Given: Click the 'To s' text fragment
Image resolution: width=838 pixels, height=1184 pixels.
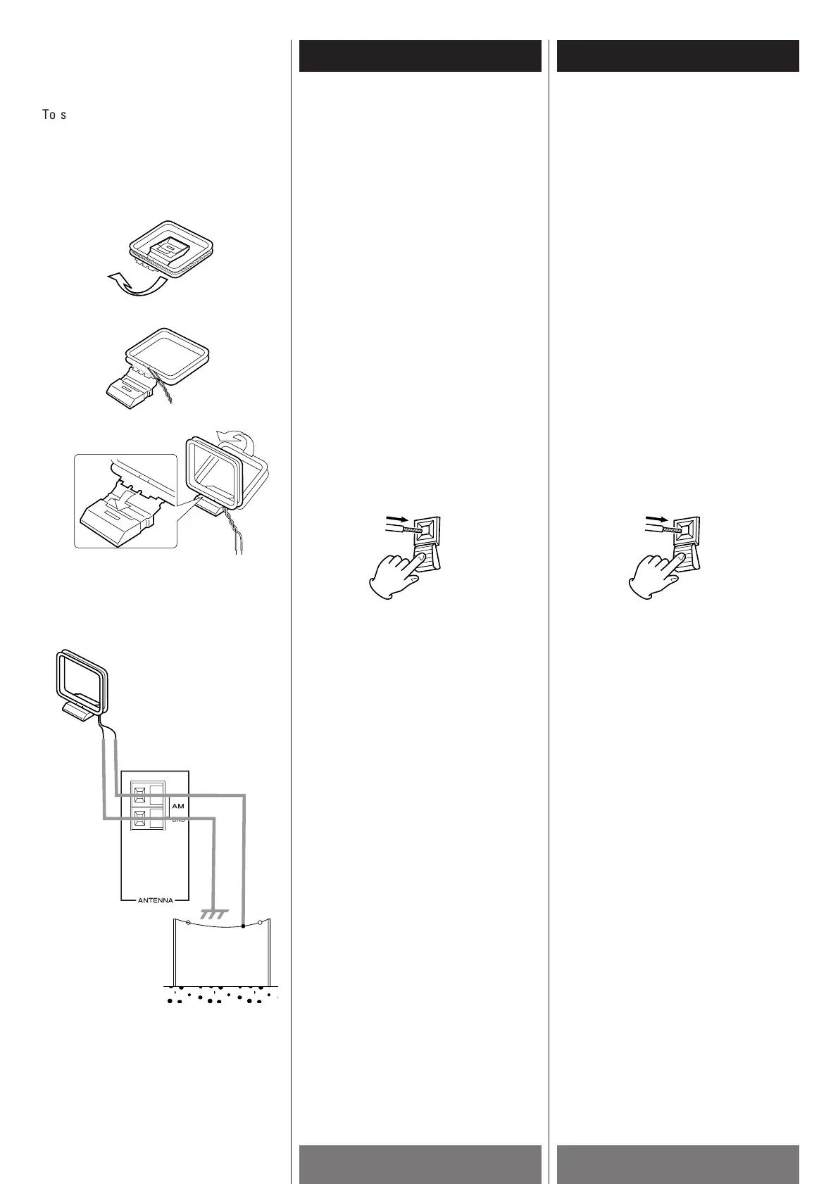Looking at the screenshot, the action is click(54, 115).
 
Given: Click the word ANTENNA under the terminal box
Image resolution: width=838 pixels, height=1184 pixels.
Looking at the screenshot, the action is click(155, 900).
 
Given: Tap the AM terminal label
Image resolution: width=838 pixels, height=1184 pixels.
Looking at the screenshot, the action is click(177, 804).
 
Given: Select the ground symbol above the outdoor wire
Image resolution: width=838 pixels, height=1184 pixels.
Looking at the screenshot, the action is click(213, 914).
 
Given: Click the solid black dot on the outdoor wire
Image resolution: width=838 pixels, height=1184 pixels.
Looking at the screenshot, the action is click(244, 926).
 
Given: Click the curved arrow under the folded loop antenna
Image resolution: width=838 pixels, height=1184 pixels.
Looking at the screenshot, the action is click(134, 285).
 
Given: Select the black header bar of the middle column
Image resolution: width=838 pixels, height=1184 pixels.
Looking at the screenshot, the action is click(420, 56).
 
